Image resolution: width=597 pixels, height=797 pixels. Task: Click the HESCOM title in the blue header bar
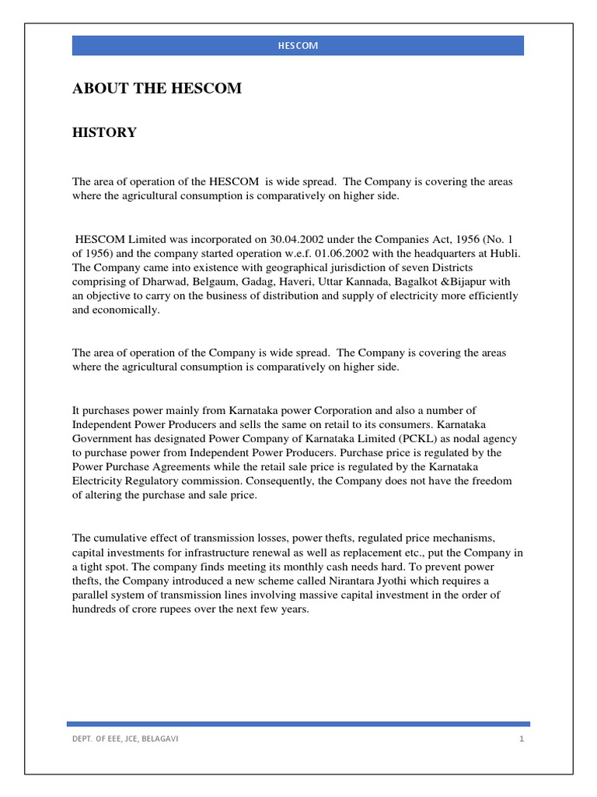[298, 46]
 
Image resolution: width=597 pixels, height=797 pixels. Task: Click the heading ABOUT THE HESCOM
[156, 89]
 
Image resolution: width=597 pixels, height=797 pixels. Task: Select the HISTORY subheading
[104, 133]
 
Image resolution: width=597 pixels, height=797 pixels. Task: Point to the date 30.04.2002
[282, 240]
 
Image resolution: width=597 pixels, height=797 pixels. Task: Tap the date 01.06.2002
[329, 254]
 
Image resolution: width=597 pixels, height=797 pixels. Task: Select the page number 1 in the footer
[522, 739]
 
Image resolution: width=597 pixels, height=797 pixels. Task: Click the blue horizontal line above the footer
[298, 724]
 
